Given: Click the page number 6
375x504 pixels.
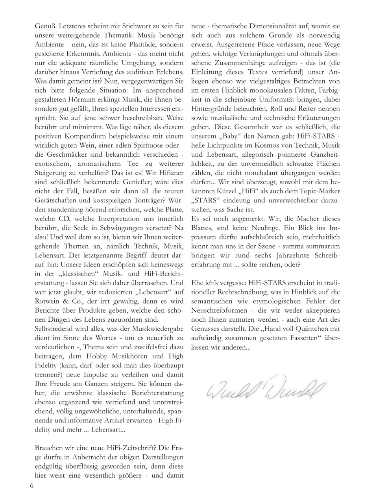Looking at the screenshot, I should pyautogui.click(x=32, y=485).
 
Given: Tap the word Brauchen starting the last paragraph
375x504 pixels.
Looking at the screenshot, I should pyautogui.click(x=49, y=448).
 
